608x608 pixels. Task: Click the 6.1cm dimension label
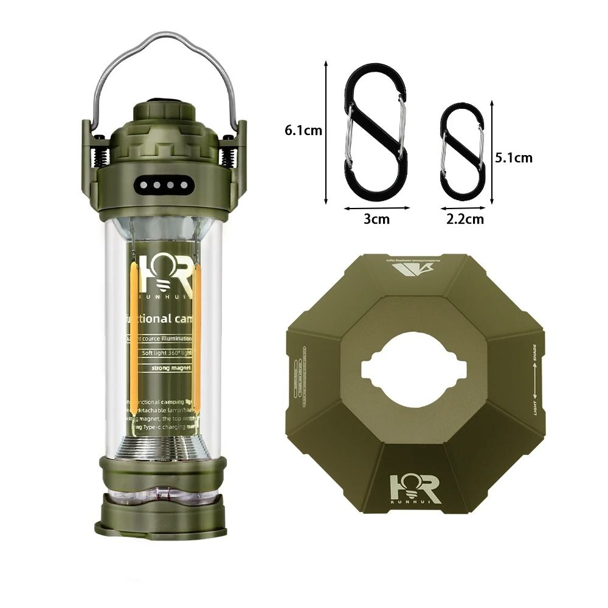click(x=302, y=130)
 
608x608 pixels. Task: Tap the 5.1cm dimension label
click(x=514, y=157)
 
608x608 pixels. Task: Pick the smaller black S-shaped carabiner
click(x=463, y=151)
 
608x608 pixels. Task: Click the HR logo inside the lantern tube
click(x=164, y=272)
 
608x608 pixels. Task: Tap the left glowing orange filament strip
click(x=133, y=340)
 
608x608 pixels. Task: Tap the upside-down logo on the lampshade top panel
click(x=413, y=265)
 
